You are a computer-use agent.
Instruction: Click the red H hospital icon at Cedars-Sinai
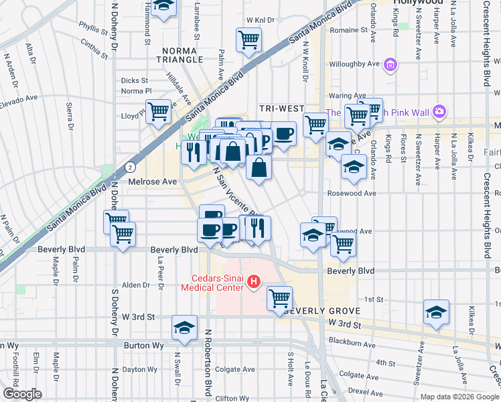point(253,283)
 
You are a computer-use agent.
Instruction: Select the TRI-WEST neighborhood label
point(282,109)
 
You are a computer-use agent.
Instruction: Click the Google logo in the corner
point(22,394)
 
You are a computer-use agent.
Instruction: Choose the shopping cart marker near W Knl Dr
point(248,40)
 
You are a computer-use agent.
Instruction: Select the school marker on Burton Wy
point(184,327)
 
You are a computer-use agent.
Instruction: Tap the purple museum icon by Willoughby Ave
point(390,65)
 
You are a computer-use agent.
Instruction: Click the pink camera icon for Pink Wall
point(439,111)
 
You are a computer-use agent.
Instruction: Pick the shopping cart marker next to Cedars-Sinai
point(279,297)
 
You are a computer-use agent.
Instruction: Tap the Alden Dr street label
point(137,285)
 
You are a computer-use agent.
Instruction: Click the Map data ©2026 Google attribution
point(458,397)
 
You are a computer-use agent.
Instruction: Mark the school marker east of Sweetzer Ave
point(436,312)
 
